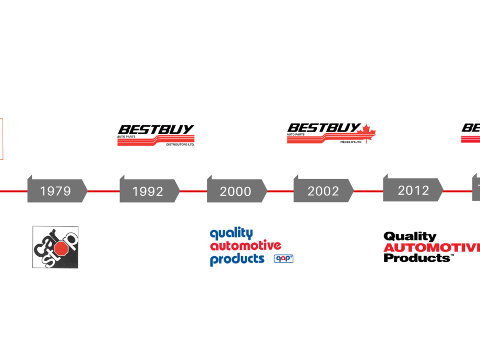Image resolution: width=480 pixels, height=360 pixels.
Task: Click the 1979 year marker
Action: point(56,191)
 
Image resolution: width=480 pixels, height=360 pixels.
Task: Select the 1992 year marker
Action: point(148,191)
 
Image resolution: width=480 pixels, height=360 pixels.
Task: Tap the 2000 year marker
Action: point(236,191)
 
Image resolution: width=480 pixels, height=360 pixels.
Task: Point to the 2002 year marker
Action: point(323,191)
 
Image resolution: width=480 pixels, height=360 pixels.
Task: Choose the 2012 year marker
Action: point(413,190)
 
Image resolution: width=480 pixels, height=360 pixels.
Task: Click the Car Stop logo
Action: point(55,247)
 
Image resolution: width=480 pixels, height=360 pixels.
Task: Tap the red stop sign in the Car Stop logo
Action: point(62,248)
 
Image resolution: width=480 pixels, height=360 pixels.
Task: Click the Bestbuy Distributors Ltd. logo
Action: point(156,135)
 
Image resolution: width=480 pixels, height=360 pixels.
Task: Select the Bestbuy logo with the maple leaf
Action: point(334,135)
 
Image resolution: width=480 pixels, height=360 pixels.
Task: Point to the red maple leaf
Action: point(368,133)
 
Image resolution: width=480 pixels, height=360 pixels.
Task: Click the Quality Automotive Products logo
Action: point(251,246)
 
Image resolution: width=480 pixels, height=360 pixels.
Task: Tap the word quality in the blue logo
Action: point(231,233)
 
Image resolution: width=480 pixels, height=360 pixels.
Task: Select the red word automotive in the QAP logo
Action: point(245,246)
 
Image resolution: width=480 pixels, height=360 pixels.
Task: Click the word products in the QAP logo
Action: point(237,259)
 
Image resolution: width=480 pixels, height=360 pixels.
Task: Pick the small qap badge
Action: point(283,258)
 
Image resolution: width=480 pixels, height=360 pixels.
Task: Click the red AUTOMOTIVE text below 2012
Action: point(431,248)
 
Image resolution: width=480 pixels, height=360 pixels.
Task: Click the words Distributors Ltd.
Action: point(180,145)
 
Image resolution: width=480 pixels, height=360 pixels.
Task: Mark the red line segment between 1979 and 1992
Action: point(103,191)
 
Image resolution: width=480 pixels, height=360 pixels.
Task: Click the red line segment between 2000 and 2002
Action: point(280,191)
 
